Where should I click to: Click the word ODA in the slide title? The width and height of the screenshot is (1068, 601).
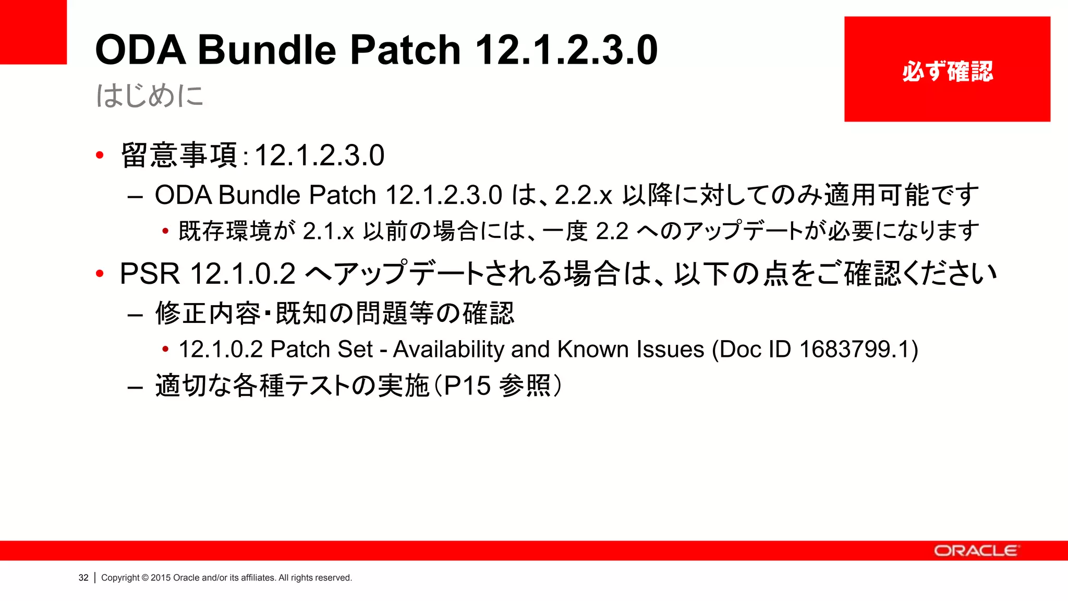point(140,50)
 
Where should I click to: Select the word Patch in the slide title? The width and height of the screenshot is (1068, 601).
point(405,50)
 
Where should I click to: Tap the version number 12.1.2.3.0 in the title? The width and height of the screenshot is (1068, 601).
point(566,50)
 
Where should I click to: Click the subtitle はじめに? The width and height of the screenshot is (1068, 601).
point(150,96)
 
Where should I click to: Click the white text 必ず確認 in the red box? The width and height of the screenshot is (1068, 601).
point(948,71)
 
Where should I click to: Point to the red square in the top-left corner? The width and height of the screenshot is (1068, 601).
point(33,31)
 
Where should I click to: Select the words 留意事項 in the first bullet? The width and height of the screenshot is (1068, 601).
point(179,155)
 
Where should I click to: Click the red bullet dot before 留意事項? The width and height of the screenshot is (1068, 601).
point(100,155)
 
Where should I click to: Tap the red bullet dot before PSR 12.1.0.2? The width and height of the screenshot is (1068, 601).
point(100,273)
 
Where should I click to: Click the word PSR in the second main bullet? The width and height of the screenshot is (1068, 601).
point(150,273)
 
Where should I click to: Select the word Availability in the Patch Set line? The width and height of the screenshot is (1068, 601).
point(449,349)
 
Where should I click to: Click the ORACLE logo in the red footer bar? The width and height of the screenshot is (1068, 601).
point(975,551)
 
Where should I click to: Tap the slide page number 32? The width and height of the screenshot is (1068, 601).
point(83,578)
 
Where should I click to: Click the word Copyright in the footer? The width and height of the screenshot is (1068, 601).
point(120,578)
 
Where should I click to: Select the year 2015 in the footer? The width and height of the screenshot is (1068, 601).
point(161,578)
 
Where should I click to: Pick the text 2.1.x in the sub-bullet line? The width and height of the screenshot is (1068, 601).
point(329,231)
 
